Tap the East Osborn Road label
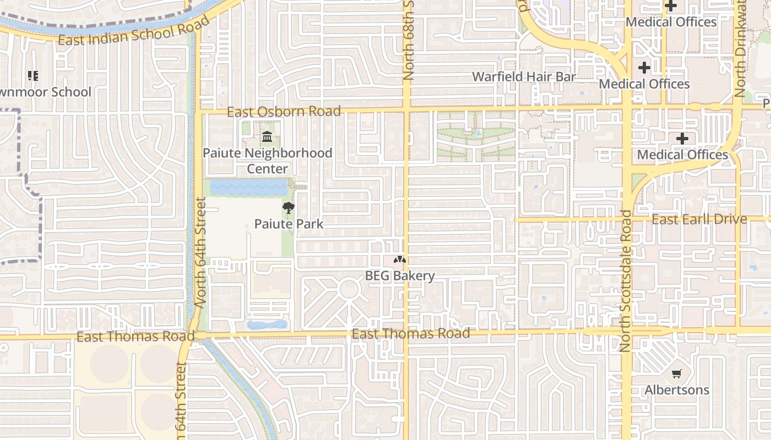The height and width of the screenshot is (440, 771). (x=284, y=112)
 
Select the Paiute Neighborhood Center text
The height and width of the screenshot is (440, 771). (x=268, y=161)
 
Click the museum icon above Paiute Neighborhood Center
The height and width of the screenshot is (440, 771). (x=268, y=136)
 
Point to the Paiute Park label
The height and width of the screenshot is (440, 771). (x=289, y=224)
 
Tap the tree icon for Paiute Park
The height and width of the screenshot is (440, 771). (x=287, y=208)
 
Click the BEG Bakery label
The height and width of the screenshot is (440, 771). (x=400, y=276)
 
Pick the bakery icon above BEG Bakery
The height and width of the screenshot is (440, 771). (x=400, y=260)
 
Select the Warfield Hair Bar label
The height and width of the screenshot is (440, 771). (x=524, y=76)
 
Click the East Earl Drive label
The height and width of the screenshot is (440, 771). (x=699, y=219)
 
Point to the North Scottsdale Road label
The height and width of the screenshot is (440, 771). (x=626, y=280)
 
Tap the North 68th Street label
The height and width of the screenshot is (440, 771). (x=408, y=41)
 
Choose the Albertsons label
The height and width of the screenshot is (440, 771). (x=677, y=390)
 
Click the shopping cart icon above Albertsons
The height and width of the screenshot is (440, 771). (x=677, y=374)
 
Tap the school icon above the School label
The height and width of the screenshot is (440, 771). (x=33, y=76)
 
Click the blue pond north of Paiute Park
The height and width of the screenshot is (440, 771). (x=249, y=188)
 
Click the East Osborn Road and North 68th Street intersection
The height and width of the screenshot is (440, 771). (x=406, y=110)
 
